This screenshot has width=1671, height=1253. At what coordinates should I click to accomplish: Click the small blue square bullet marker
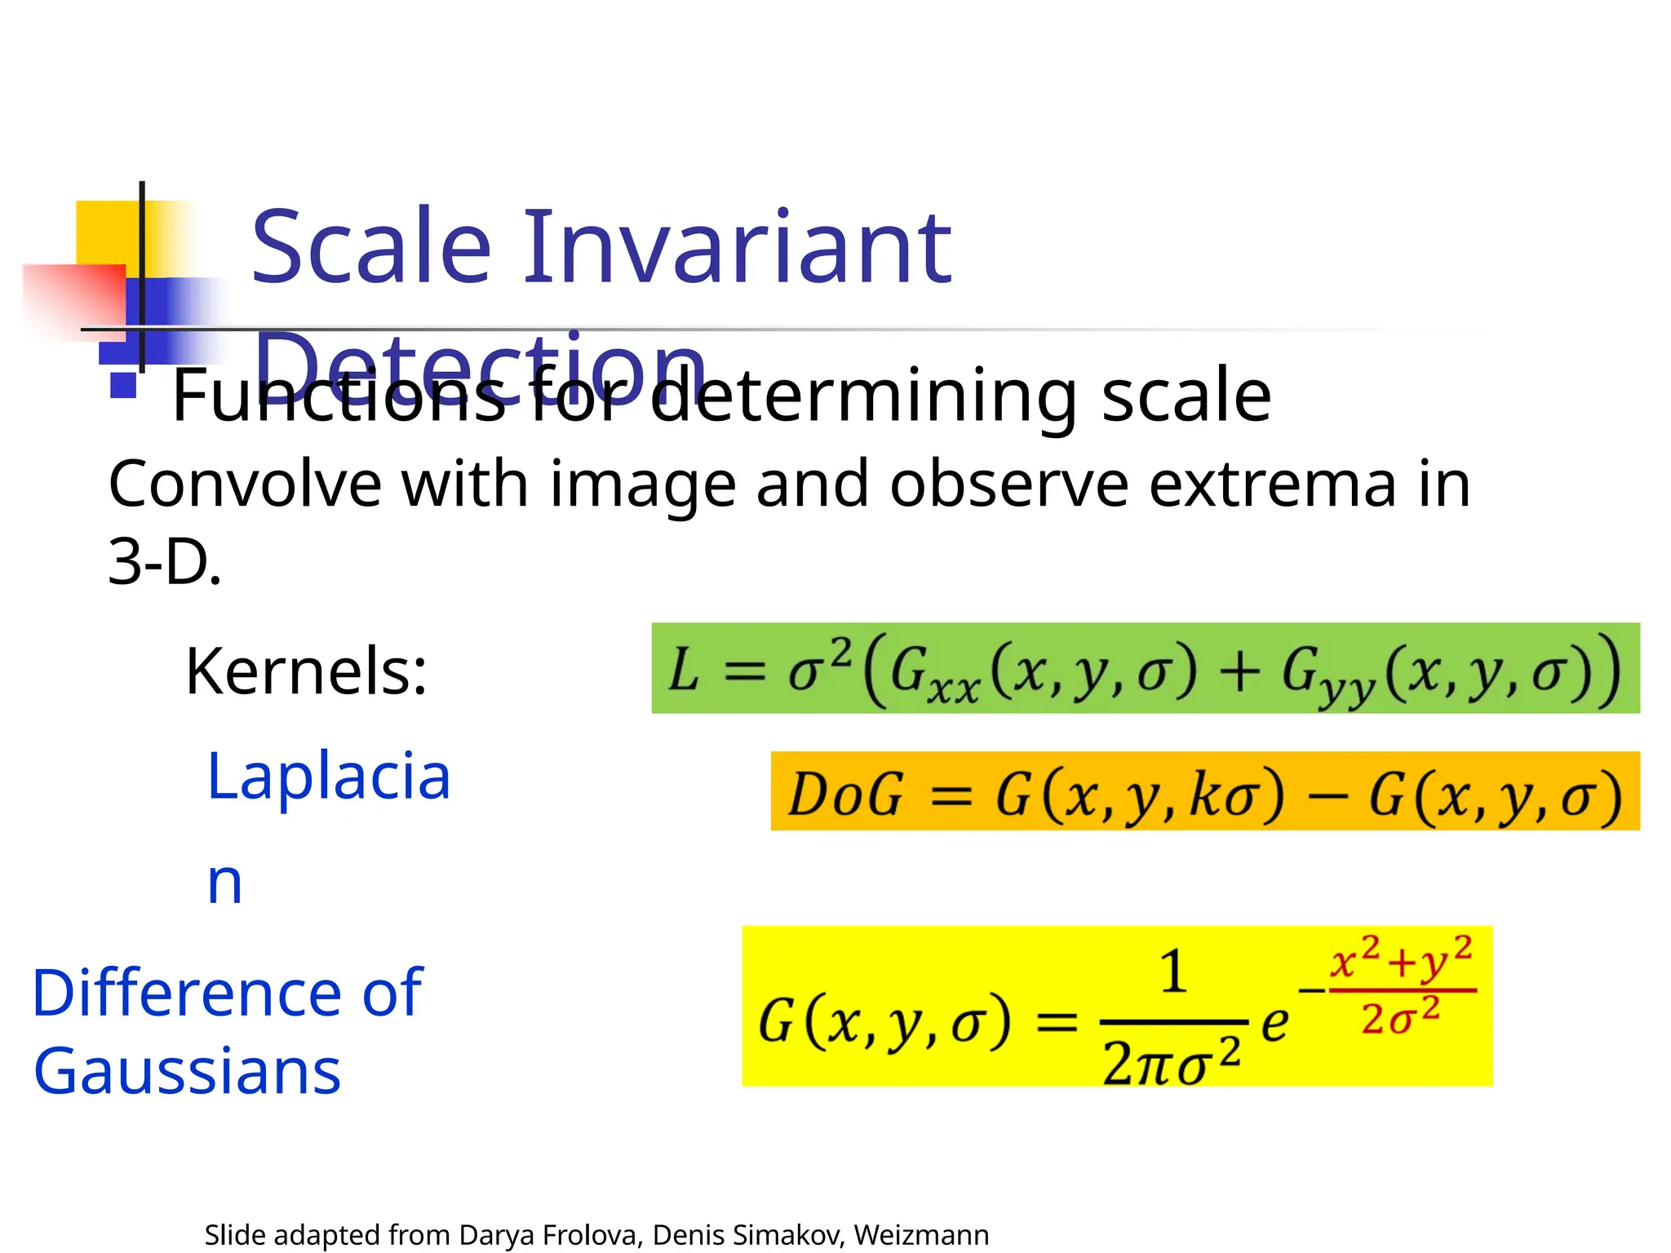(123, 384)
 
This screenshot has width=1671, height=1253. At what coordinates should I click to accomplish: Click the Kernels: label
(306, 671)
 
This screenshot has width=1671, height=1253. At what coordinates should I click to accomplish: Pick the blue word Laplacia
(329, 776)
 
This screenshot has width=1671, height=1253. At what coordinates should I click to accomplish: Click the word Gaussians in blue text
(187, 1071)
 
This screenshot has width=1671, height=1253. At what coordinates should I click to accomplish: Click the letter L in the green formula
(684, 671)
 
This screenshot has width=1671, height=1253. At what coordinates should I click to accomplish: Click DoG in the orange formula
(846, 794)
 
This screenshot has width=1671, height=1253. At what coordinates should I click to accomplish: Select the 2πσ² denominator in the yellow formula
(1172, 1063)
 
